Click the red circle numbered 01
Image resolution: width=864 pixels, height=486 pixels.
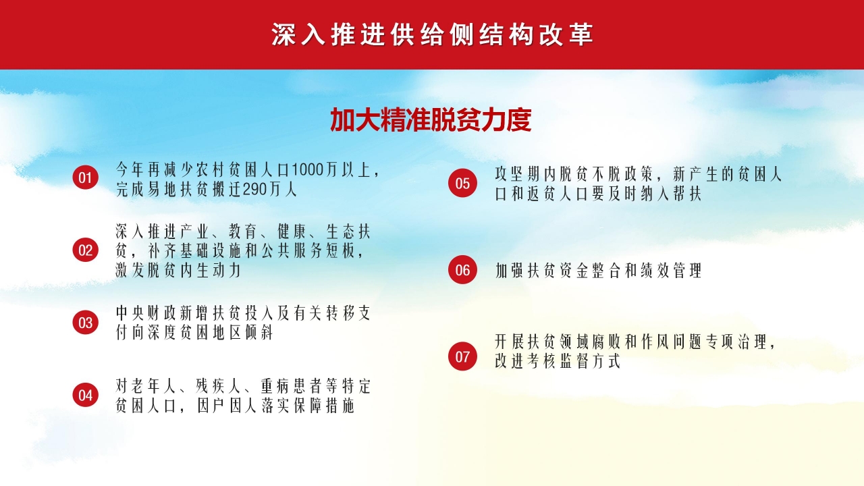pyautogui.click(x=85, y=178)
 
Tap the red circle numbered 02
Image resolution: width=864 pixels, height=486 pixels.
pyautogui.click(x=85, y=250)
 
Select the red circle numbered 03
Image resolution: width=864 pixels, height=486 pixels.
pyautogui.click(x=85, y=323)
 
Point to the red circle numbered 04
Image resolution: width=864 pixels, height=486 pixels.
pyautogui.click(x=85, y=395)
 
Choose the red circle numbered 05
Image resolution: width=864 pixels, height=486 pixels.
pyautogui.click(x=462, y=184)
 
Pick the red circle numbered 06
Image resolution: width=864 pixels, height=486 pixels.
pyautogui.click(x=462, y=270)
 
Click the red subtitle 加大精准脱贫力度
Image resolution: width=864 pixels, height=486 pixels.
pyautogui.click(x=431, y=120)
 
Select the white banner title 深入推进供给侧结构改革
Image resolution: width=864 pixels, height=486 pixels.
pyautogui.click(x=432, y=35)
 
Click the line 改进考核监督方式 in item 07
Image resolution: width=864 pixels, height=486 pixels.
pyautogui.click(x=557, y=361)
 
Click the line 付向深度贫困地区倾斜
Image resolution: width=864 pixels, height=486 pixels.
pyautogui.click(x=194, y=333)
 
